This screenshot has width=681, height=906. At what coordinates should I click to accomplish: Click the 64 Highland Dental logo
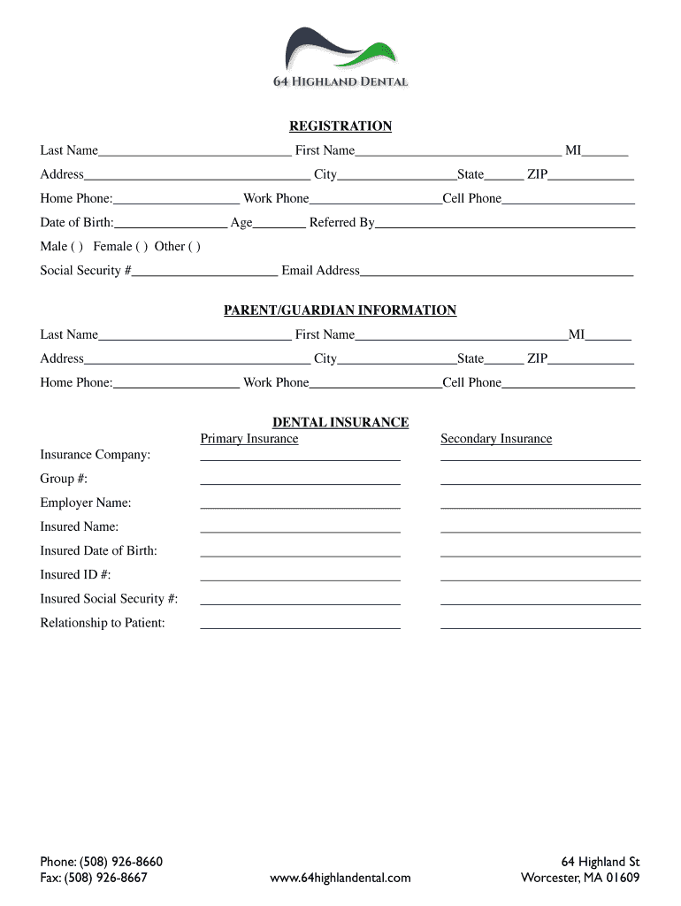coord(340,58)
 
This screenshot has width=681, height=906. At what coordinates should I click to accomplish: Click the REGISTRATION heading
coord(340,127)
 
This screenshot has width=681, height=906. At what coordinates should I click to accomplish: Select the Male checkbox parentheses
coord(76,247)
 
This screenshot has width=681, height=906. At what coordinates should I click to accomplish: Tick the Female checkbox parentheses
coord(142,247)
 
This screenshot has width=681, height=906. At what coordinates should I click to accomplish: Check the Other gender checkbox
coord(194,247)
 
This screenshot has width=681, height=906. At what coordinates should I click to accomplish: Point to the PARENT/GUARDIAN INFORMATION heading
coord(340,311)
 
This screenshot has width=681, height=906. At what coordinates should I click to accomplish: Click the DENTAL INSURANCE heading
coord(340,423)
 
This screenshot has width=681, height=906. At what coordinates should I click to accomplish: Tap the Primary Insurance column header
coord(249,439)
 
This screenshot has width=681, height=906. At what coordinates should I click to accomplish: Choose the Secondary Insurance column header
coord(496,439)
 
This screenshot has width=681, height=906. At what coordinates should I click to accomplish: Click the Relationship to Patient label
coord(103,623)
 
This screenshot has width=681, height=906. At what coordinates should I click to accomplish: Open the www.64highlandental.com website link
coord(340,878)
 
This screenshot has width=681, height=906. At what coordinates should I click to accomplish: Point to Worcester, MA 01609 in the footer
coord(580,878)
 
